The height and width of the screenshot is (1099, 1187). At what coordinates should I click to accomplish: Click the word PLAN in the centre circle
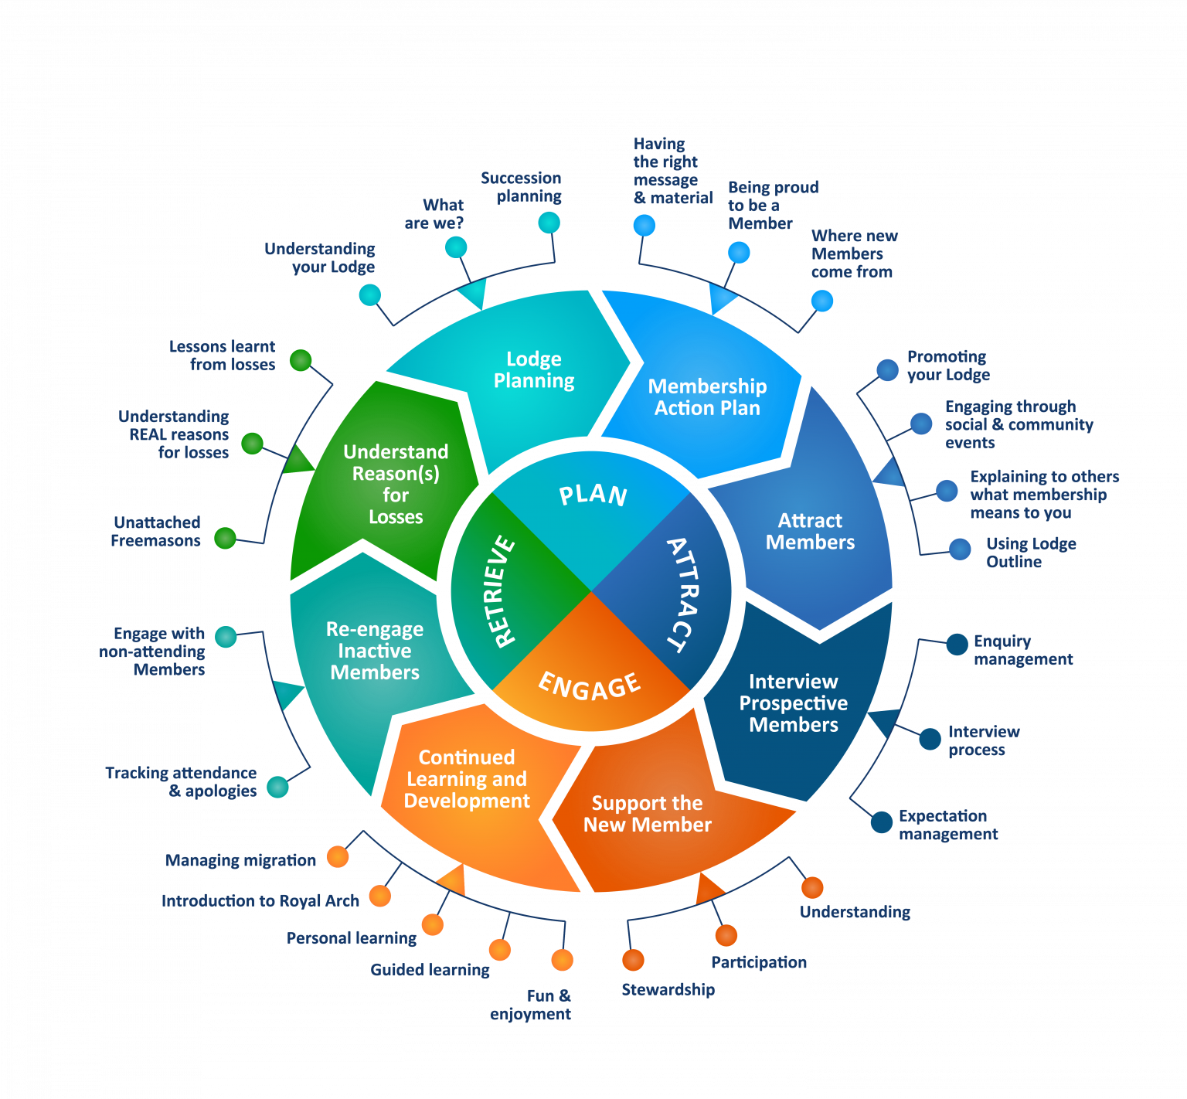pyautogui.click(x=593, y=495)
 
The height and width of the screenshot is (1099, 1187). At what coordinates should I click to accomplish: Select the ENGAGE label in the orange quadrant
pyautogui.click(x=590, y=686)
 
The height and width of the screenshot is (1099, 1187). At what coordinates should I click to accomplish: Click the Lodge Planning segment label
pyautogui.click(x=534, y=369)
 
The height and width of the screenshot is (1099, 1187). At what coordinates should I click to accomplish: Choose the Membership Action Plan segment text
pyautogui.click(x=707, y=397)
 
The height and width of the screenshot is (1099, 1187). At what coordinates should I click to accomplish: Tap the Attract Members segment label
pyautogui.click(x=810, y=531)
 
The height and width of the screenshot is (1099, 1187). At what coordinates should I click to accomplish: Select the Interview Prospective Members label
pyautogui.click(x=794, y=703)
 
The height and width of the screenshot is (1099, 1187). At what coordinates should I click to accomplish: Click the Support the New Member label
pyautogui.click(x=648, y=814)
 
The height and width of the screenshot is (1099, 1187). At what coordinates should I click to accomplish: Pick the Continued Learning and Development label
pyautogui.click(x=467, y=778)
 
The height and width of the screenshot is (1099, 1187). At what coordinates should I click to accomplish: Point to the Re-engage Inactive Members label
pyautogui.click(x=375, y=651)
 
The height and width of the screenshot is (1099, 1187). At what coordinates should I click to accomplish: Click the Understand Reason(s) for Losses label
pyautogui.click(x=396, y=484)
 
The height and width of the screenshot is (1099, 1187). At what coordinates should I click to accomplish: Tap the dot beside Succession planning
pyautogui.click(x=549, y=223)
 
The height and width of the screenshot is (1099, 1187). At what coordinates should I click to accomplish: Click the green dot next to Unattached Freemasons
pyautogui.click(x=225, y=537)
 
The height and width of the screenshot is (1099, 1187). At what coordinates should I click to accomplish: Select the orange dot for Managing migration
pyautogui.click(x=338, y=856)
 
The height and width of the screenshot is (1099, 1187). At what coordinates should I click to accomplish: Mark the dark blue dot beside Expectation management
pyautogui.click(x=882, y=822)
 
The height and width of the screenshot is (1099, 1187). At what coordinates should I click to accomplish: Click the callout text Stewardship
pyautogui.click(x=668, y=989)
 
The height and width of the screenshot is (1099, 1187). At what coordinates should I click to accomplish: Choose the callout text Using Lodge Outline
pyautogui.click(x=1031, y=553)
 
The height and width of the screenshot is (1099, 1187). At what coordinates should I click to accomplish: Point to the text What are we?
pyautogui.click(x=434, y=214)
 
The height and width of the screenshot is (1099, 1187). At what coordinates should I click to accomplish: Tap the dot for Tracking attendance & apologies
pyautogui.click(x=277, y=787)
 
